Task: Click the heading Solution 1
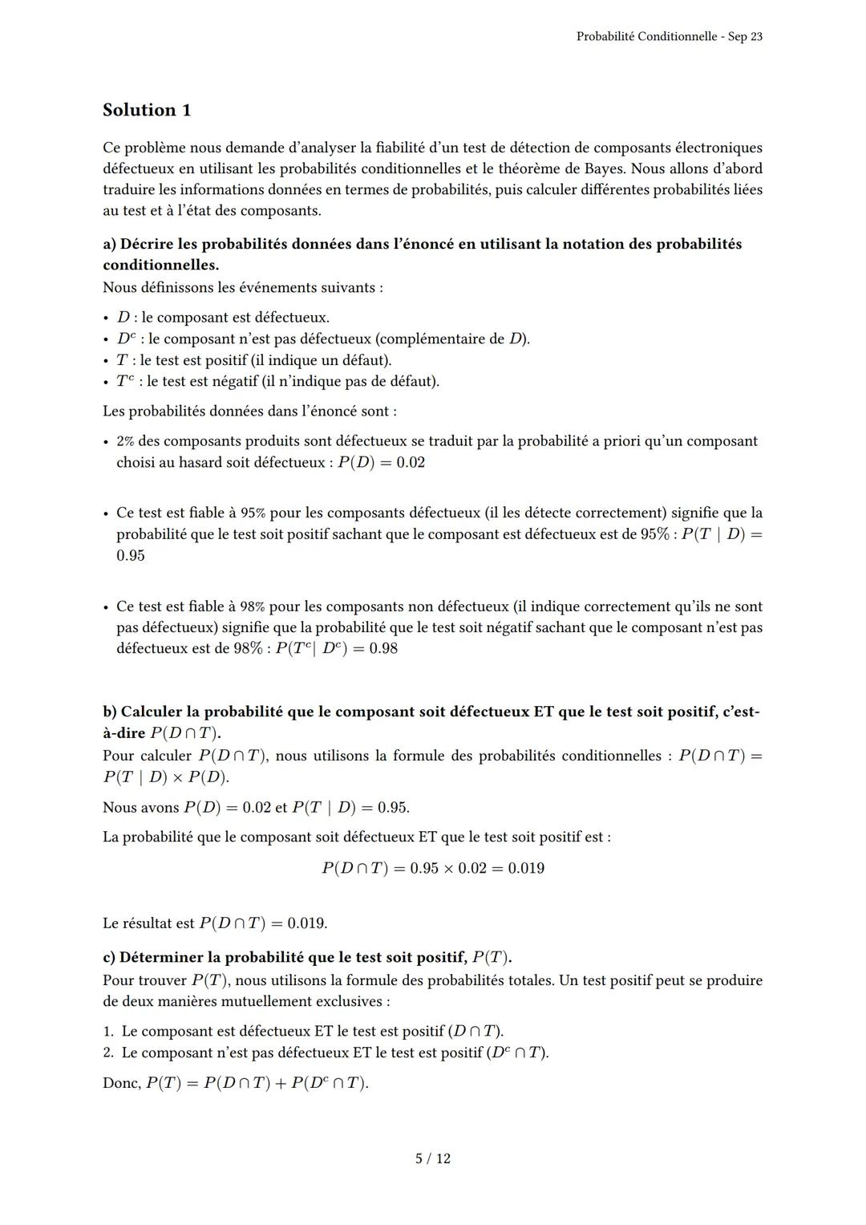coord(147,110)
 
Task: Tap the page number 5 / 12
coord(432,1158)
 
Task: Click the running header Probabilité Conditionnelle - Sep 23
coord(669,37)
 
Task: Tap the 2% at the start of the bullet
coord(125,441)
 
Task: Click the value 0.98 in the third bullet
coord(378,648)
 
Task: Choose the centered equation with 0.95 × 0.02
coord(432,868)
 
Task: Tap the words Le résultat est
coord(148,923)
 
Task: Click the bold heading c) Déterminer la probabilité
coord(306,957)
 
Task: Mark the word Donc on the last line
coord(121,1083)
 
